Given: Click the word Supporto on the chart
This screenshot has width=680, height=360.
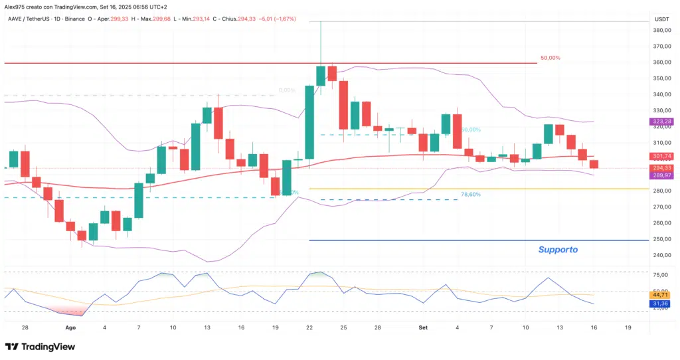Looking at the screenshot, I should (557, 250).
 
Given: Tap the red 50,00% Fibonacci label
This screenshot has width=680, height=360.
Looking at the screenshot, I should (550, 58).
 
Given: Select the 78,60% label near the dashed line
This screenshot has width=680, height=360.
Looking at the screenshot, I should (473, 195).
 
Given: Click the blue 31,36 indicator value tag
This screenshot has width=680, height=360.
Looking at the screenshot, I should (660, 304).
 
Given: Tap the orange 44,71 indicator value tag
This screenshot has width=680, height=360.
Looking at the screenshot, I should (660, 294).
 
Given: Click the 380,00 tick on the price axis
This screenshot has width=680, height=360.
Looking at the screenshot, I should (661, 30).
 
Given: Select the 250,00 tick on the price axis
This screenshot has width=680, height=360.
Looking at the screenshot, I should (661, 239).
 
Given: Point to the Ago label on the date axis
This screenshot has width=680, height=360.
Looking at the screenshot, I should (71, 328).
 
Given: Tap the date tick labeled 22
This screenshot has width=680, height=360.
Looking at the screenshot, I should (310, 328).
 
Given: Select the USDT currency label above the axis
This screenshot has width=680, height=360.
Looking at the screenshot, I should (661, 20).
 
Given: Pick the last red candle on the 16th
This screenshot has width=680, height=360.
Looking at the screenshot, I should (594, 164).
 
